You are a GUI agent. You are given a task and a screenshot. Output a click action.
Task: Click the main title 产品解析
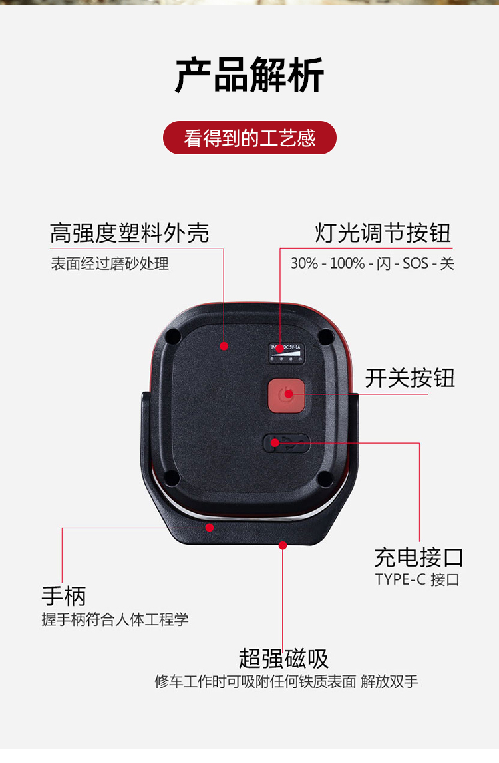point(249,75)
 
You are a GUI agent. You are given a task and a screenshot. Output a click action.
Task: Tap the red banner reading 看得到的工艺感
point(249,138)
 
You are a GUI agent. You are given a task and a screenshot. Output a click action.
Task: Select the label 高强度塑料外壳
point(130,233)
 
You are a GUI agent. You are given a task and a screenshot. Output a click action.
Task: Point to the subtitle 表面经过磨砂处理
point(110,263)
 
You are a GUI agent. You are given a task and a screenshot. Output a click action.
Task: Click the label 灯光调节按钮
point(383,233)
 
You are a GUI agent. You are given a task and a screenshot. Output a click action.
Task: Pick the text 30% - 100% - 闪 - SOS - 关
point(373,263)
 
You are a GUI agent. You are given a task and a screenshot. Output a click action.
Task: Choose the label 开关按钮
point(410,378)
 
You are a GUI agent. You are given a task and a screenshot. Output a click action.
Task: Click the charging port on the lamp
point(287,443)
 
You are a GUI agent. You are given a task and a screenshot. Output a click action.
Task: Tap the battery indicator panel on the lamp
point(287,353)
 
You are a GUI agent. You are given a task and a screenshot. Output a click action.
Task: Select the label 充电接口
point(418,557)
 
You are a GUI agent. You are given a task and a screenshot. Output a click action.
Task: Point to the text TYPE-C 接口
point(417,579)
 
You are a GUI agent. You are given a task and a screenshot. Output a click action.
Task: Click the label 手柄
point(64,596)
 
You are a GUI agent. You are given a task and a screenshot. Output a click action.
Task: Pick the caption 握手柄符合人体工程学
point(115,619)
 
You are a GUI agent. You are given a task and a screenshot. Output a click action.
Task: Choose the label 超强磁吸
point(284,659)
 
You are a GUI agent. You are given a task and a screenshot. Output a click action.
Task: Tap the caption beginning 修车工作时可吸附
point(286,681)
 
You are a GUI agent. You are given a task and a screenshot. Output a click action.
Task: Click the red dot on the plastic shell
point(224,346)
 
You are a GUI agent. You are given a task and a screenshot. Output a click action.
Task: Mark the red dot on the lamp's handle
point(210,528)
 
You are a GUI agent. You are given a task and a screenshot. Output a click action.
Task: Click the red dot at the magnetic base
point(282,545)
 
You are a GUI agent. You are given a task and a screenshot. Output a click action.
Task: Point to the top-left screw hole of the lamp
point(172,336)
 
